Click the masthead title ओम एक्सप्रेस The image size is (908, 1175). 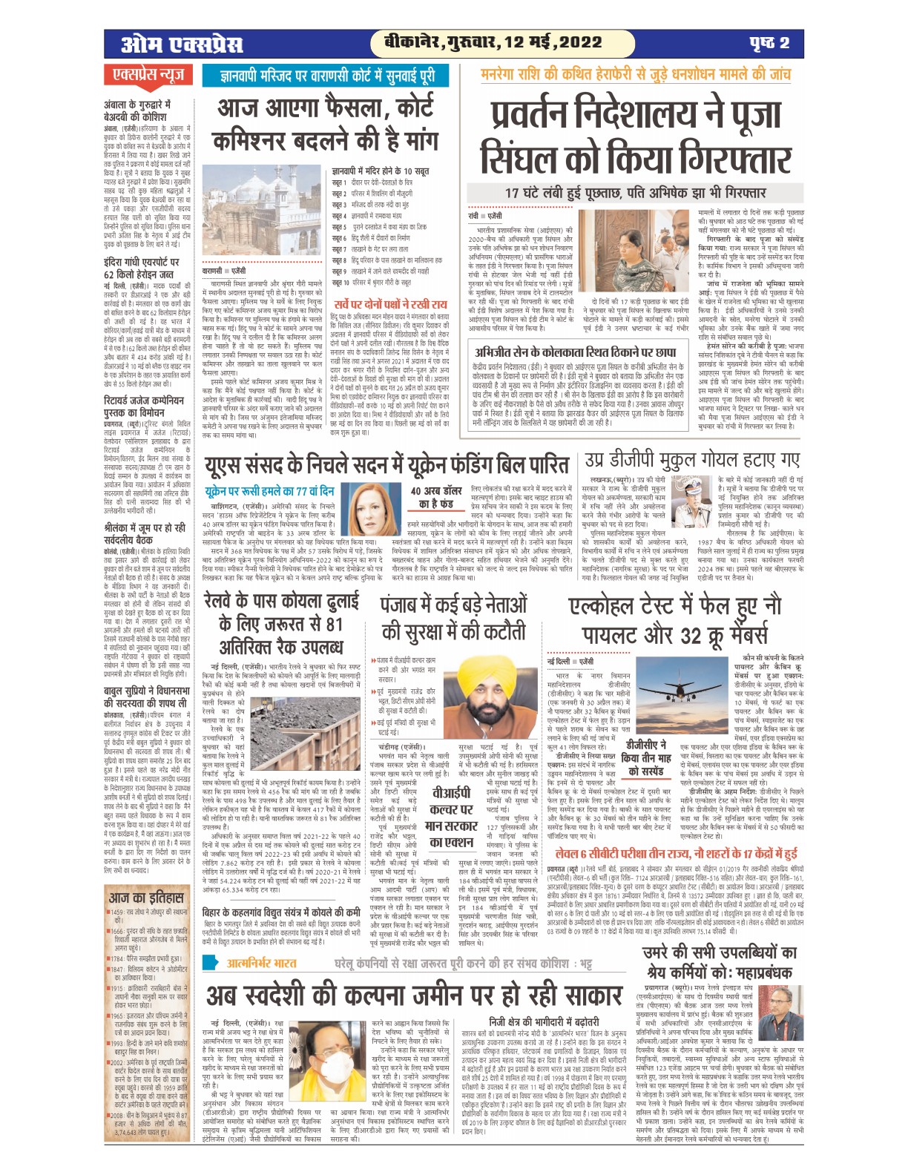[182, 44]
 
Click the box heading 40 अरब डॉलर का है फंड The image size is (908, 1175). [437, 497]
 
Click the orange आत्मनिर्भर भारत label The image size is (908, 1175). [262, 964]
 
